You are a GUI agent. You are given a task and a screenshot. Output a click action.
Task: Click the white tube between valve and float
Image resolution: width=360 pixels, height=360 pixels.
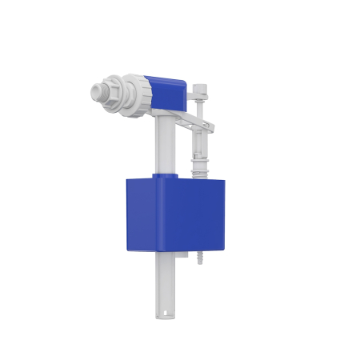coord(162,144)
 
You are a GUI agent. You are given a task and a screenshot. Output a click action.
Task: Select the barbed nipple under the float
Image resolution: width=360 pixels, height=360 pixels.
coord(201,260)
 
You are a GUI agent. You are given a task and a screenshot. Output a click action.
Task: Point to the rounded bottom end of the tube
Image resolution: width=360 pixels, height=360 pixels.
coord(164,315)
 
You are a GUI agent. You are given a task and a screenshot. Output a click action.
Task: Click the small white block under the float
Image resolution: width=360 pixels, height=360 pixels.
coord(182,255)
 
